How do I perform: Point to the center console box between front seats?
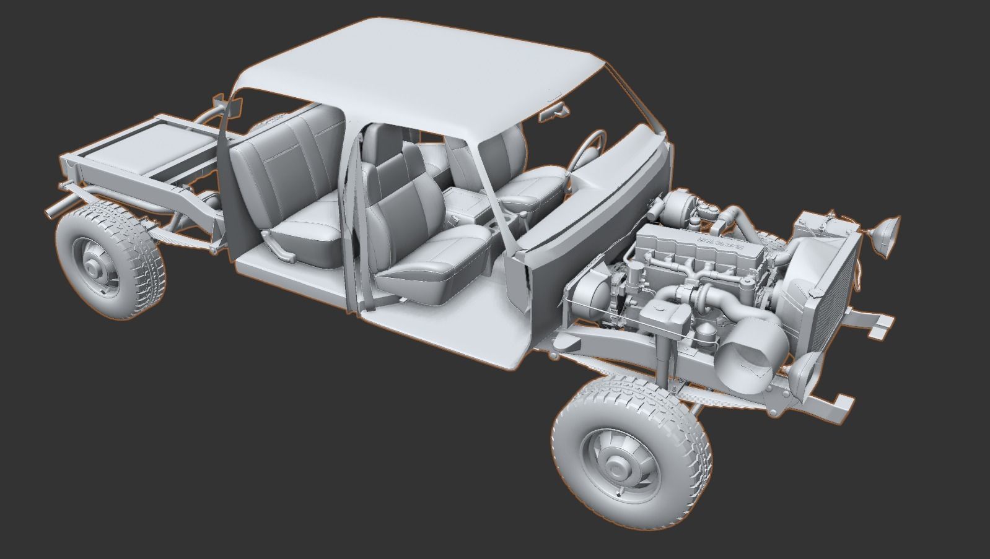(x=466, y=206)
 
